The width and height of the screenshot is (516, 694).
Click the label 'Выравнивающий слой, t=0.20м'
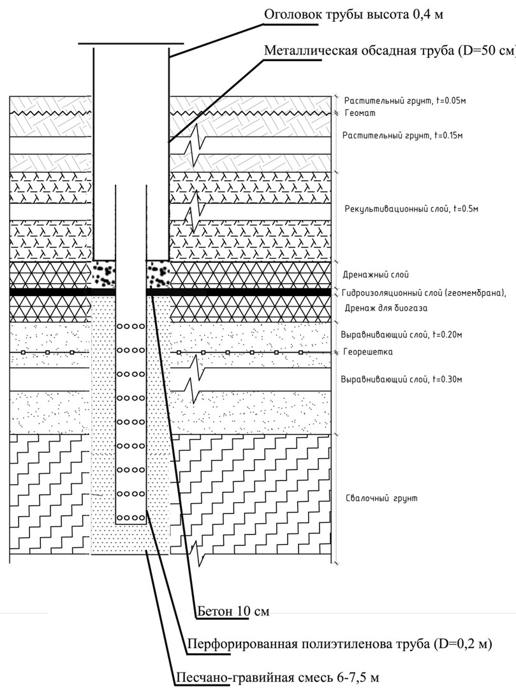[x=401, y=334]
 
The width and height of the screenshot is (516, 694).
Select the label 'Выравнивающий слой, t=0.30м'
[x=401, y=379]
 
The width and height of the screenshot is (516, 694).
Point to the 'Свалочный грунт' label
[x=381, y=498]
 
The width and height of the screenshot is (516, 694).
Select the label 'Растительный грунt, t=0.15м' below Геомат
[x=402, y=135]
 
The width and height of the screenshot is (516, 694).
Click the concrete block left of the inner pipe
[x=104, y=274]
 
